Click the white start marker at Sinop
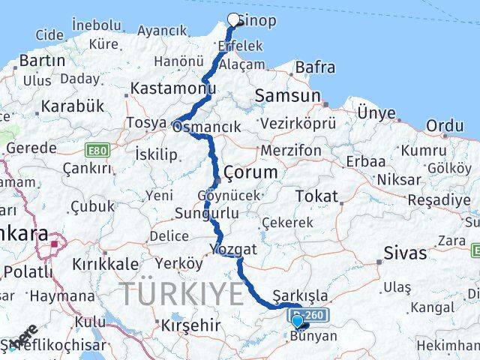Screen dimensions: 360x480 pos(233,20)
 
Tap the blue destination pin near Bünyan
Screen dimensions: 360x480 pos(298,322)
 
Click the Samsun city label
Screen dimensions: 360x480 pos(287,95)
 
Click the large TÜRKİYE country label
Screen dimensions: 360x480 pos(183,292)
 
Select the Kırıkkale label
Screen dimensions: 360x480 pos(105,264)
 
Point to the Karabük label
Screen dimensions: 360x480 pos(72,106)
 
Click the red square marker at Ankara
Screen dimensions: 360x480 pos(55,243)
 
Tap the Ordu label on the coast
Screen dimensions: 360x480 pos(445,125)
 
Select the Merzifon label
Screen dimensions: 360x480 pos(291,151)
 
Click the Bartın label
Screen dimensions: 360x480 pos(43,60)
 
